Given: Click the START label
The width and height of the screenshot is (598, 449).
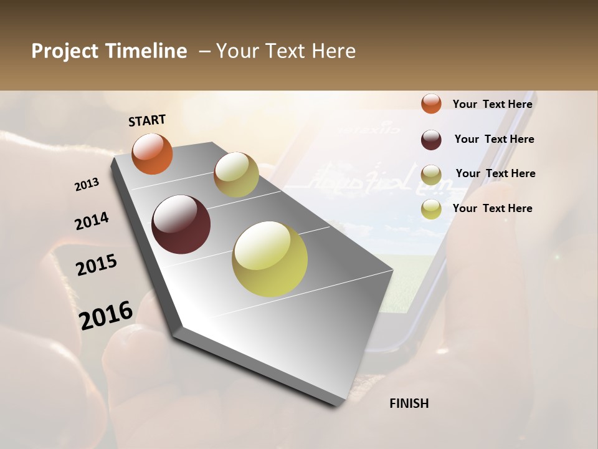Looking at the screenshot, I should (147, 120).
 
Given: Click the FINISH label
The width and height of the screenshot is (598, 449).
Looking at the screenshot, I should (409, 403).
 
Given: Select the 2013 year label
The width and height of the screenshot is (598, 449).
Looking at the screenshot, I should (87, 185).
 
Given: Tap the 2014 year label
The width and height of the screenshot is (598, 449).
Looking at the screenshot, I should (92, 221).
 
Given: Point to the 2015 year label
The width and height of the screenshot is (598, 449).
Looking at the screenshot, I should (97, 265).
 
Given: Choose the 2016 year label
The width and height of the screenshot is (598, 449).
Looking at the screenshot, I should (106, 315).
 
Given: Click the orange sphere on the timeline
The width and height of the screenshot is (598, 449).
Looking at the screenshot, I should (152, 153).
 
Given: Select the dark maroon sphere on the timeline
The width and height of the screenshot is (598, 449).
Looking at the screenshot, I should (181, 224).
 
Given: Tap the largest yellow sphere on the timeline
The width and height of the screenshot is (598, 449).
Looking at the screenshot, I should (270, 259).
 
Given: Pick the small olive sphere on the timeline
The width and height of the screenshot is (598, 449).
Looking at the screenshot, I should (236, 175).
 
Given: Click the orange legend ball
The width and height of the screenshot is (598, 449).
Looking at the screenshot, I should (431, 104).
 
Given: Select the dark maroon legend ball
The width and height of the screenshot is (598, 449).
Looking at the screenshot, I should (431, 140).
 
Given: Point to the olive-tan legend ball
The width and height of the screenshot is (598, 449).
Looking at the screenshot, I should (431, 174).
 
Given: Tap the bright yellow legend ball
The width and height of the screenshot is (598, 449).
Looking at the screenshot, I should (431, 209).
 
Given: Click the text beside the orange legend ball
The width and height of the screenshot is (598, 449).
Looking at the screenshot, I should (492, 104).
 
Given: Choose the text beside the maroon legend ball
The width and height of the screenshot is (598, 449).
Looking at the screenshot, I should (494, 139).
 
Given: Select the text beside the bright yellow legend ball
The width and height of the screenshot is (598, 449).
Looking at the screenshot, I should (492, 208).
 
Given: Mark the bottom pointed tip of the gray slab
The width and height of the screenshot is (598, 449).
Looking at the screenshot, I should (335, 407).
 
